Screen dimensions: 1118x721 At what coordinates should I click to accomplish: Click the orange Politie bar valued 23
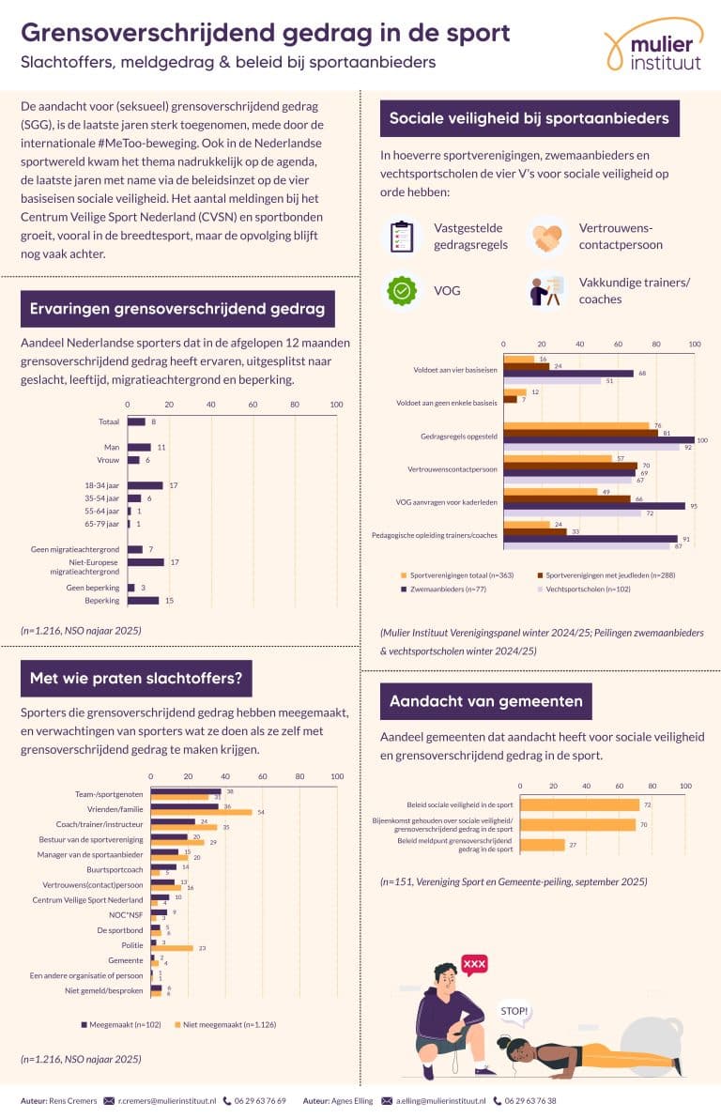(172, 948)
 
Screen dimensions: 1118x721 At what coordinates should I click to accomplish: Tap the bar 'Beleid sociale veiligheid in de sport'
(579, 804)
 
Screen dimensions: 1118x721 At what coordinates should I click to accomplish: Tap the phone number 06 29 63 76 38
(544, 1100)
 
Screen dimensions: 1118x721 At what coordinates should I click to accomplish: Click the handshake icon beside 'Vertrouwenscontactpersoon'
(547, 237)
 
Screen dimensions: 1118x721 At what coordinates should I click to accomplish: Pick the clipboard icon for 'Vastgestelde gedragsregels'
(403, 237)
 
